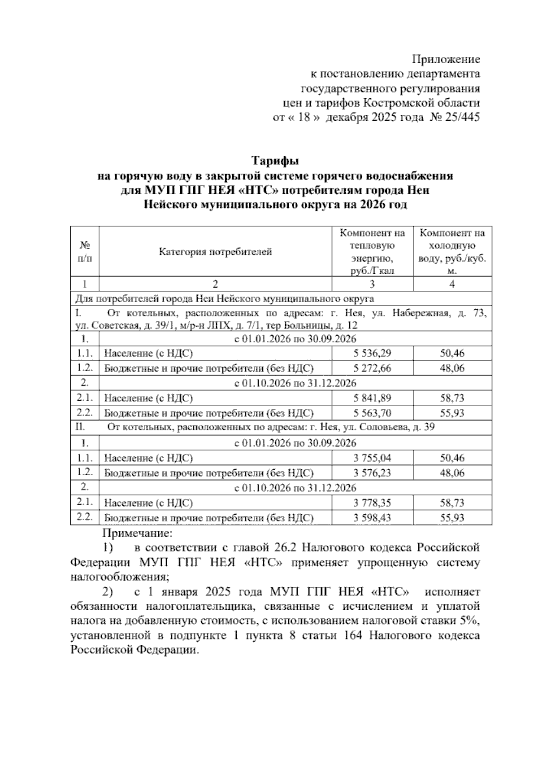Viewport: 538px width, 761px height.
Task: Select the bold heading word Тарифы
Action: [275, 161]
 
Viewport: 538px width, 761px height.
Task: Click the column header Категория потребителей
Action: [215, 252]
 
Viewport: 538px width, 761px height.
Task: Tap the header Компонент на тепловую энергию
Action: [372, 251]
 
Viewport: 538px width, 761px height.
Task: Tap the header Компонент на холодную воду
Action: [452, 251]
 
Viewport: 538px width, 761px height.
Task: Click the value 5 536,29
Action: [372, 353]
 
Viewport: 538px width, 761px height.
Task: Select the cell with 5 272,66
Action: [372, 368]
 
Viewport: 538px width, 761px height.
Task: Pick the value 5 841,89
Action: [372, 398]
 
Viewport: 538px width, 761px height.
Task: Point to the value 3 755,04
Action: [372, 458]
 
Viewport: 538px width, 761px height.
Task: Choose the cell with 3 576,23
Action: [372, 473]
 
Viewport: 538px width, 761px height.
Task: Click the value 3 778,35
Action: [372, 503]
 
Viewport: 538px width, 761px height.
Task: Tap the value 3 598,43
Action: [372, 518]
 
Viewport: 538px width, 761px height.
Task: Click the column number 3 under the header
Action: [372, 284]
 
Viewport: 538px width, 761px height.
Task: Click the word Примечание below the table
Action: [137, 533]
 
